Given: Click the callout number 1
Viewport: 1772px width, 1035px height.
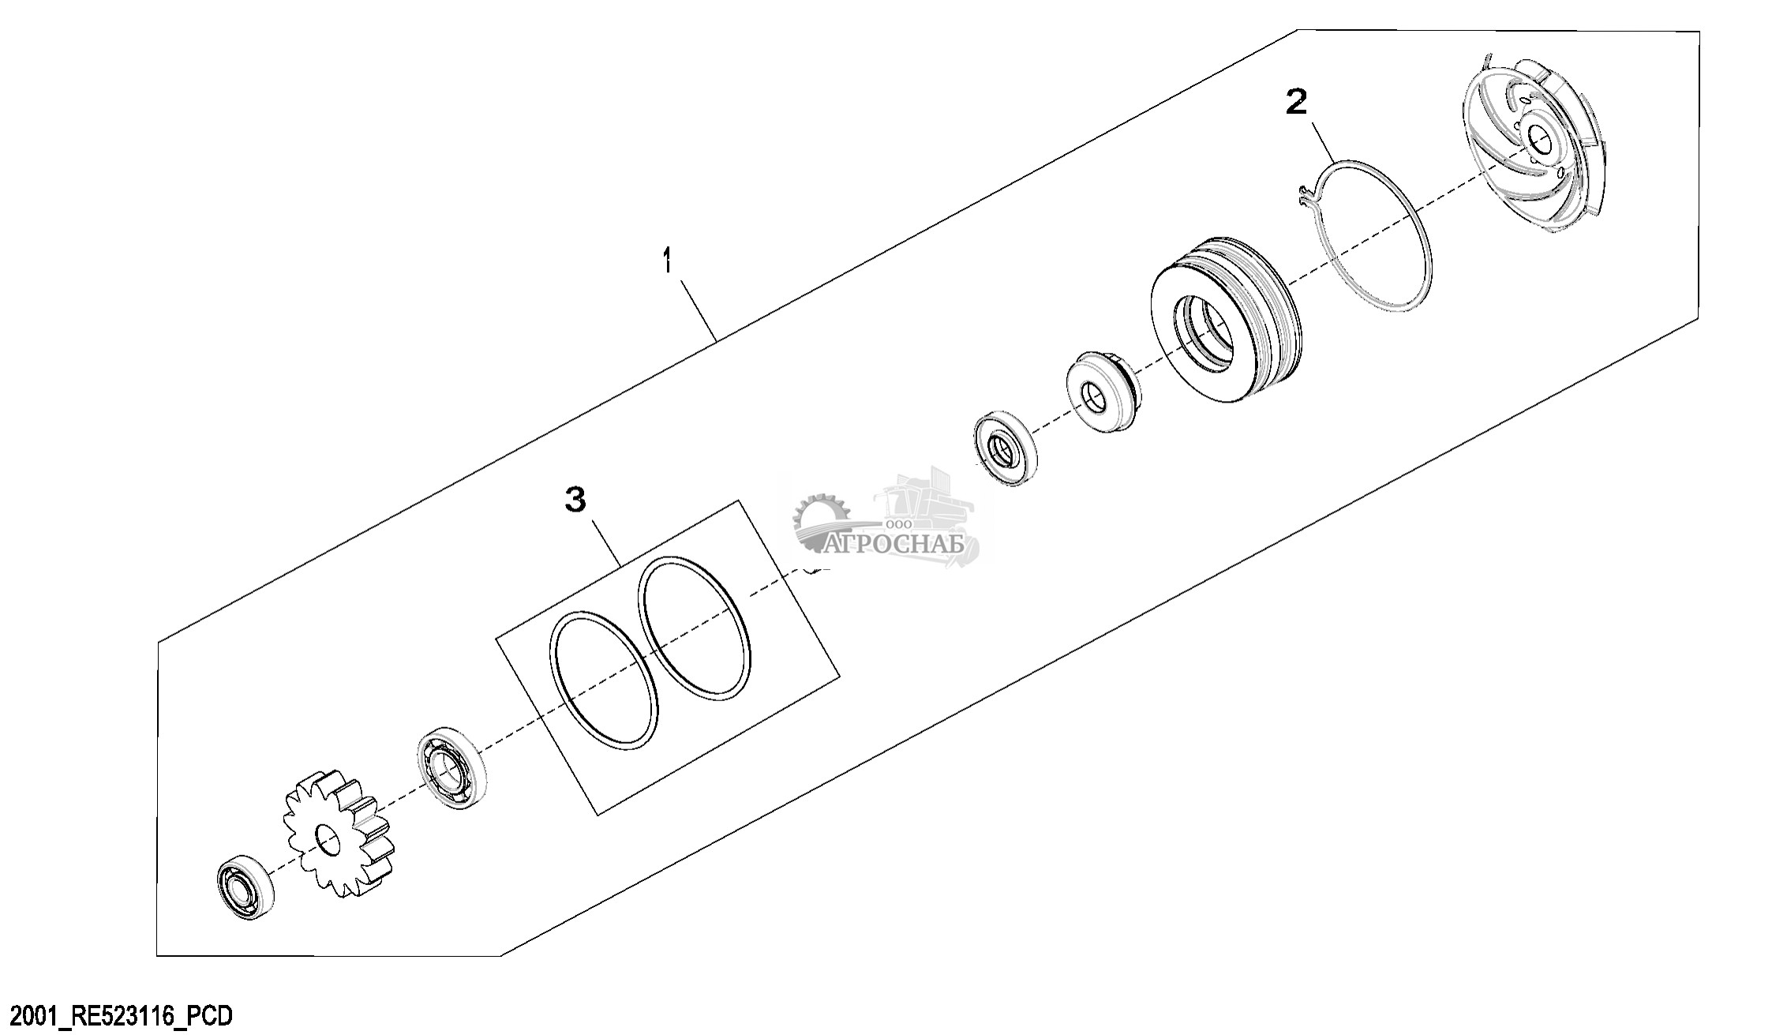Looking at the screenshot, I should (x=669, y=261).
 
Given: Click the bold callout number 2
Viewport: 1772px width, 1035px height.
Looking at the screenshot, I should (x=1296, y=103).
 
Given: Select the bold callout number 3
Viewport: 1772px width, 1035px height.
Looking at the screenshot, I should (x=576, y=499).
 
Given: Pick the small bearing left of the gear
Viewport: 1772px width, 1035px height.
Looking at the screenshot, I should (x=245, y=887).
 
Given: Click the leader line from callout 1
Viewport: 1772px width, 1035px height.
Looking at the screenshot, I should (x=695, y=308).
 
